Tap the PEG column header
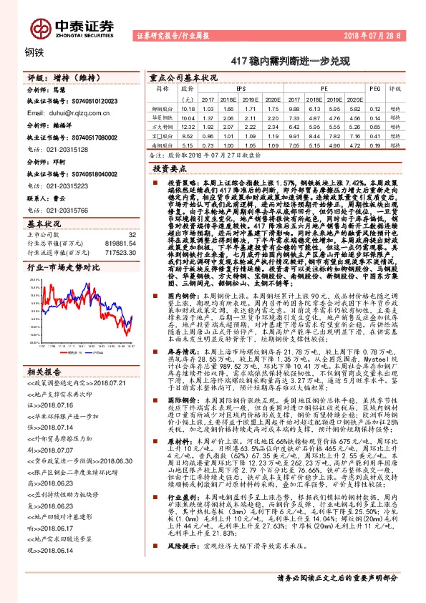(x=374, y=90)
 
